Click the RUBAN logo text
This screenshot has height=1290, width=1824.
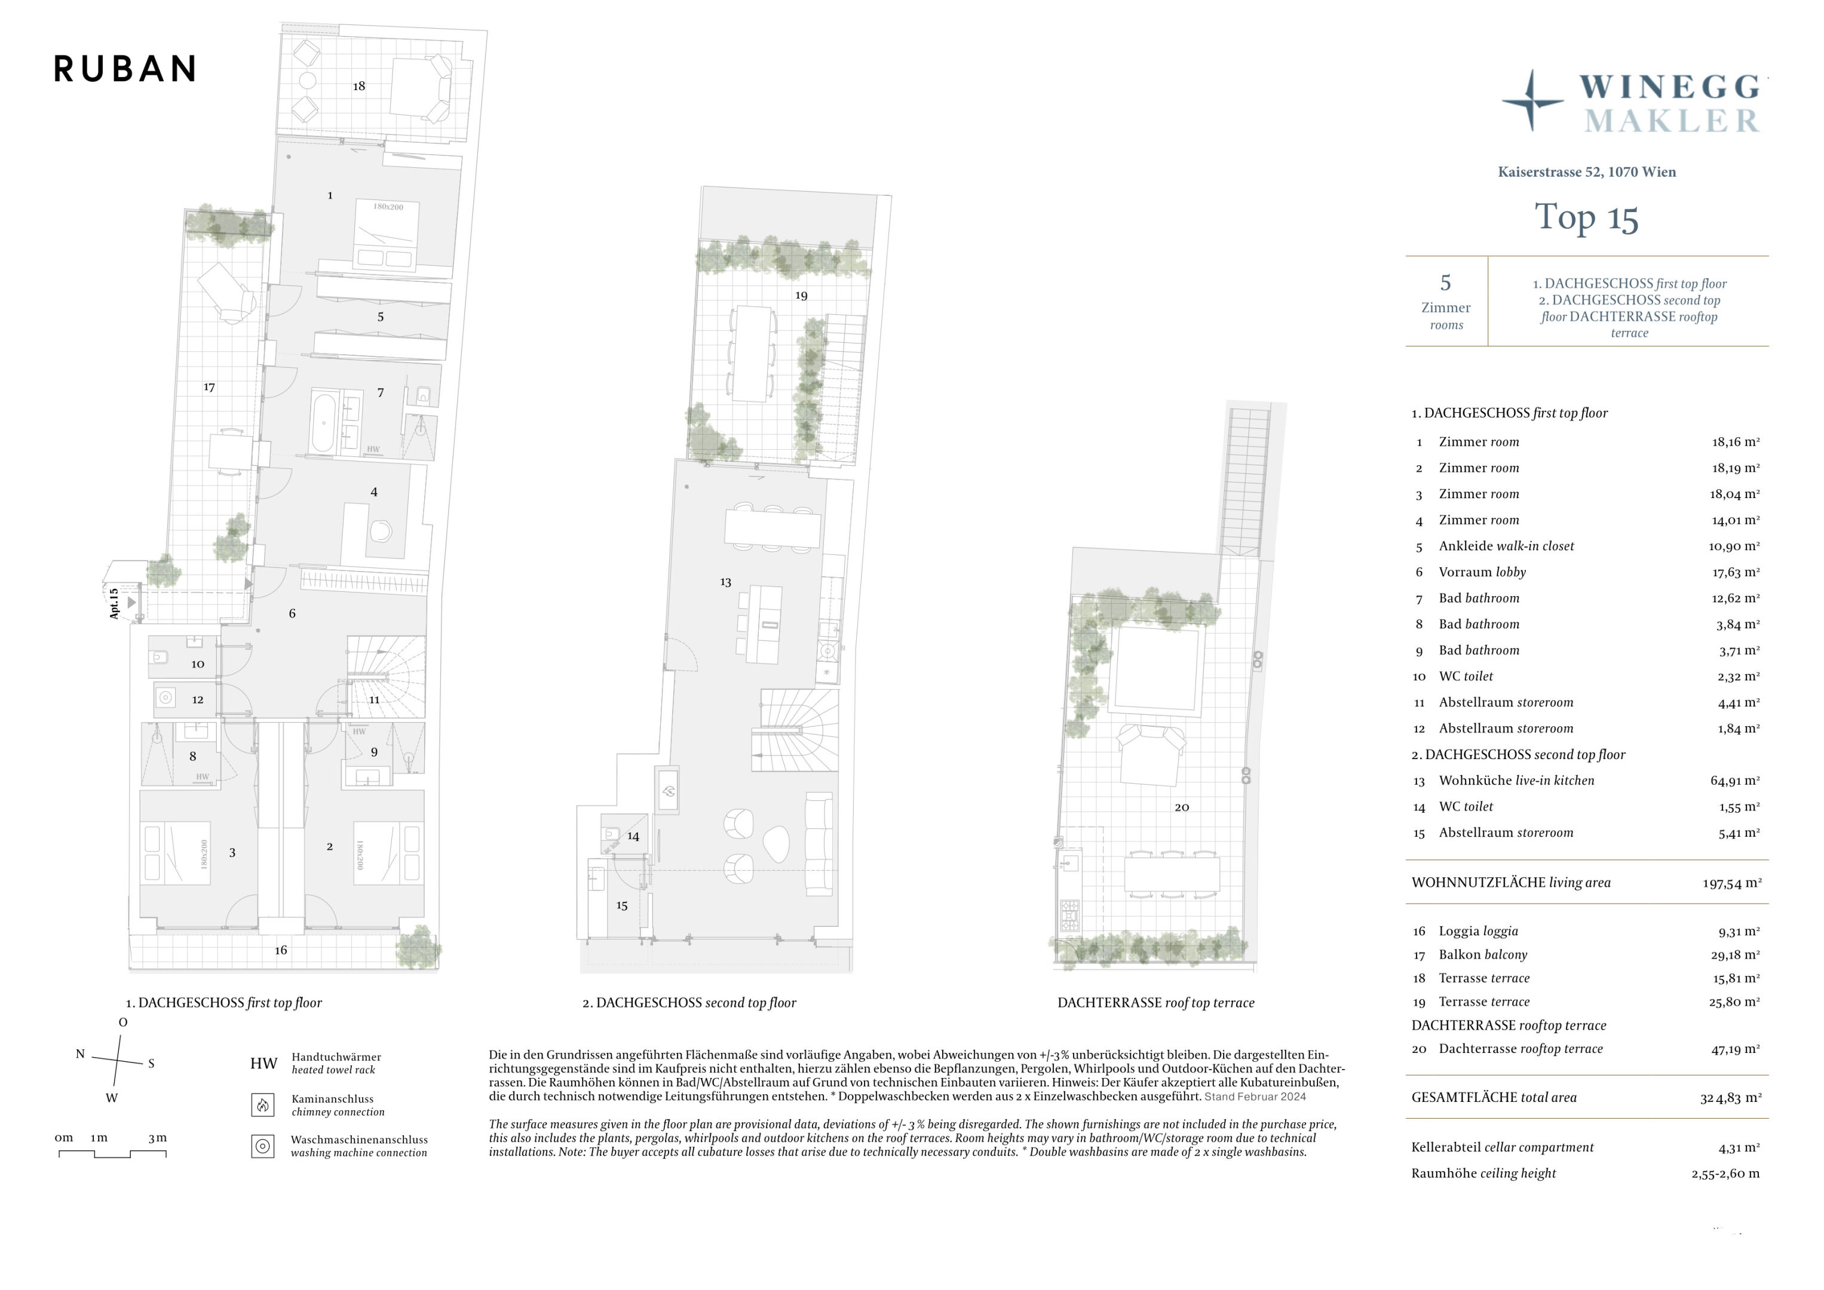click(125, 69)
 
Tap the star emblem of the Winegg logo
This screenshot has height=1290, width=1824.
click(1532, 101)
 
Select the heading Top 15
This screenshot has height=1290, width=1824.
click(1586, 217)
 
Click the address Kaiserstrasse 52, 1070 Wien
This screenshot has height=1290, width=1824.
click(1586, 171)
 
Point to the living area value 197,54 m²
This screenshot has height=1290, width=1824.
click(1732, 883)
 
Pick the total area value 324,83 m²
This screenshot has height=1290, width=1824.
click(1730, 1098)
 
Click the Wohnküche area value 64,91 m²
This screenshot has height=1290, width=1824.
click(1735, 781)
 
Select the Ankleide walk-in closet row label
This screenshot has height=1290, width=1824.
click(1506, 546)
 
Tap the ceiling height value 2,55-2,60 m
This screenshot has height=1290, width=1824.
click(1725, 1173)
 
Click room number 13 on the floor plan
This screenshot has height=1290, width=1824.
click(725, 582)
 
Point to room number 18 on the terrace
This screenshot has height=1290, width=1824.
click(359, 86)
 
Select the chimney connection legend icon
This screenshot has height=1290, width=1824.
click(263, 1105)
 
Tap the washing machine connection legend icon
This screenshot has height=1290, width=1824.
click(263, 1146)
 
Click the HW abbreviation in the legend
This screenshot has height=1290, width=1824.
click(263, 1064)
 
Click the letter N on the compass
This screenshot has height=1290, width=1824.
click(80, 1054)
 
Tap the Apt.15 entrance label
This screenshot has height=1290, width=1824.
click(114, 604)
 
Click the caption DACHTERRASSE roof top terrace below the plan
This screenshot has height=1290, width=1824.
click(1156, 1003)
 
